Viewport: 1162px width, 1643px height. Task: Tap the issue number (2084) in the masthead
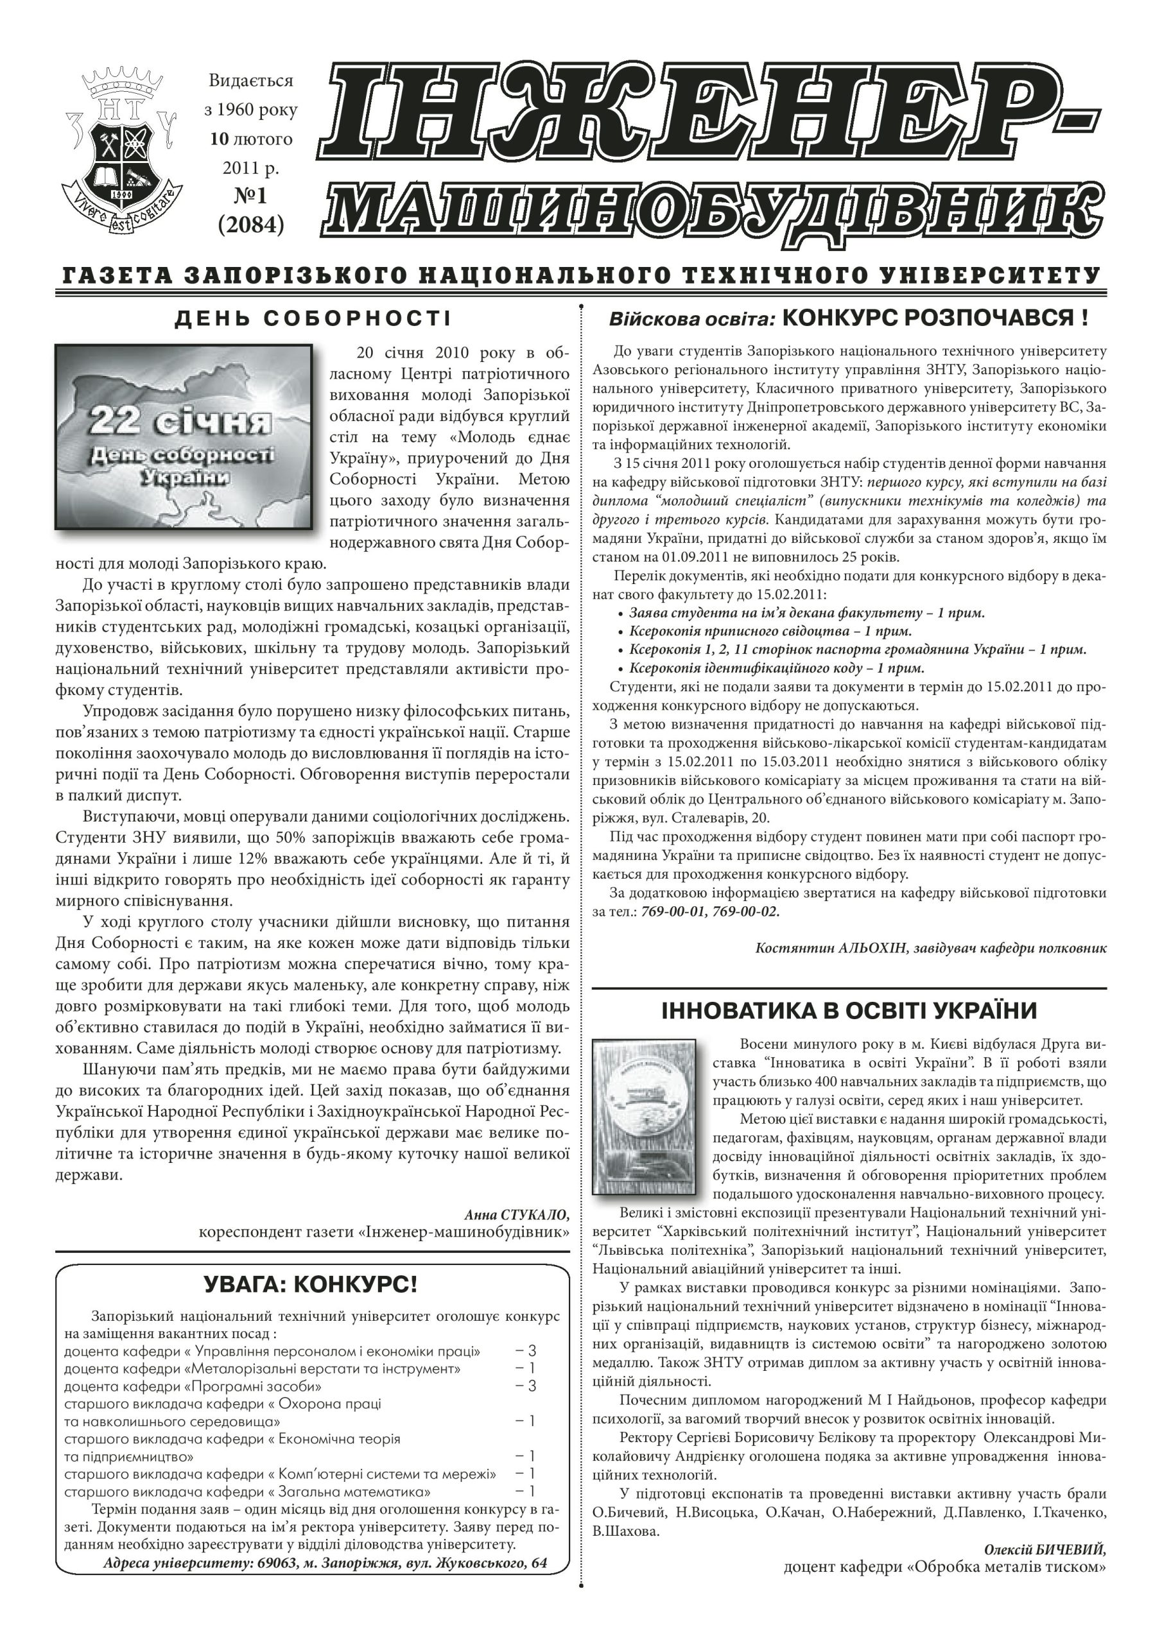pos(250,225)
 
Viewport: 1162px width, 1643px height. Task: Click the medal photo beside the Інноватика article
pos(646,1120)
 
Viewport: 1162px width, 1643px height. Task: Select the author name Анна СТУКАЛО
pos(516,1214)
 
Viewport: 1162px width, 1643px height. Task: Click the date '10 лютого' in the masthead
pos(250,139)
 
